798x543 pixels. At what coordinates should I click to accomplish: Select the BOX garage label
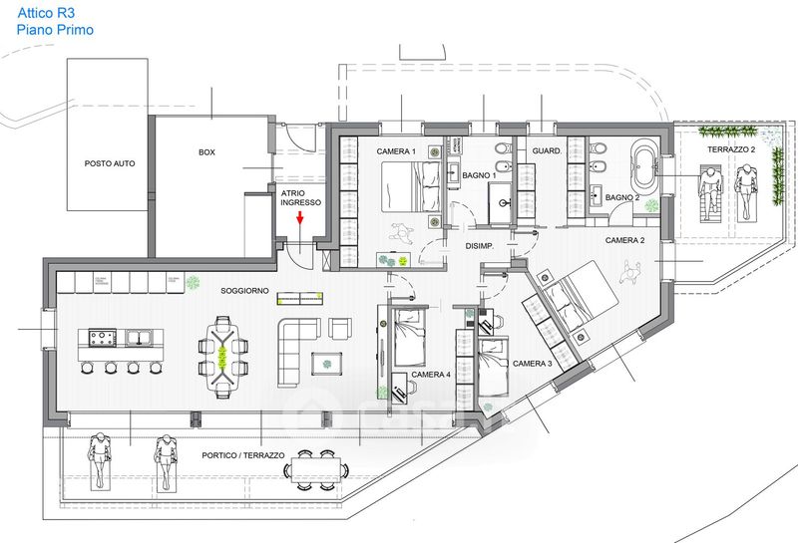click(x=206, y=152)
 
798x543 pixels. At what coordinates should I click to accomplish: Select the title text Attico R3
click(x=45, y=13)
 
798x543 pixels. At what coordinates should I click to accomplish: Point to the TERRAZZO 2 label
click(x=731, y=149)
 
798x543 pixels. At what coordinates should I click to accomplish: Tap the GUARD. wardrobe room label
click(x=550, y=150)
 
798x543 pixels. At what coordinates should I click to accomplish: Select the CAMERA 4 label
click(x=431, y=375)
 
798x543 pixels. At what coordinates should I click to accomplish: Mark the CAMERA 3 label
click(x=532, y=365)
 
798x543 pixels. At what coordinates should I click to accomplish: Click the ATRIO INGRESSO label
click(x=300, y=196)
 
